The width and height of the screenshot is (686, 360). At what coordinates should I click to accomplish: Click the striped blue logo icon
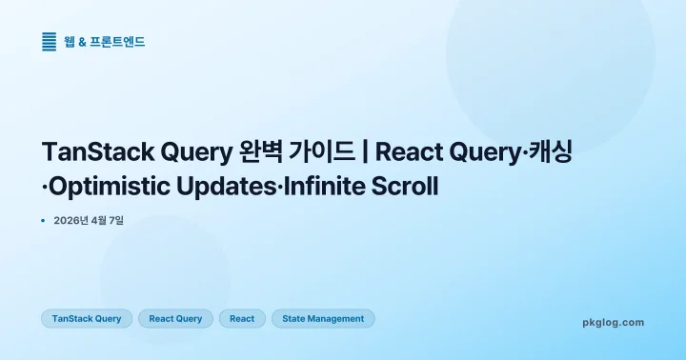point(50,42)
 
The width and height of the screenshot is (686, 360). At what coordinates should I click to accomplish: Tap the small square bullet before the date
point(44,220)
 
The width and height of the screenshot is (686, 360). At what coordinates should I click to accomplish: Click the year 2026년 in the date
point(71,220)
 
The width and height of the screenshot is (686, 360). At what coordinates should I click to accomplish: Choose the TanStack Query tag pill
point(87,318)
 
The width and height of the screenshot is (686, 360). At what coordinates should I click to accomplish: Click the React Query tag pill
point(175,318)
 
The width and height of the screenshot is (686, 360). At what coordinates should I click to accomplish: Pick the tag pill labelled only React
point(242,318)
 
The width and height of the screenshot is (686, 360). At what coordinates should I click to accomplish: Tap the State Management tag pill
point(323,318)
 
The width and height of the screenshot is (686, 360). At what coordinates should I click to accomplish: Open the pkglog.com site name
point(613,322)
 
